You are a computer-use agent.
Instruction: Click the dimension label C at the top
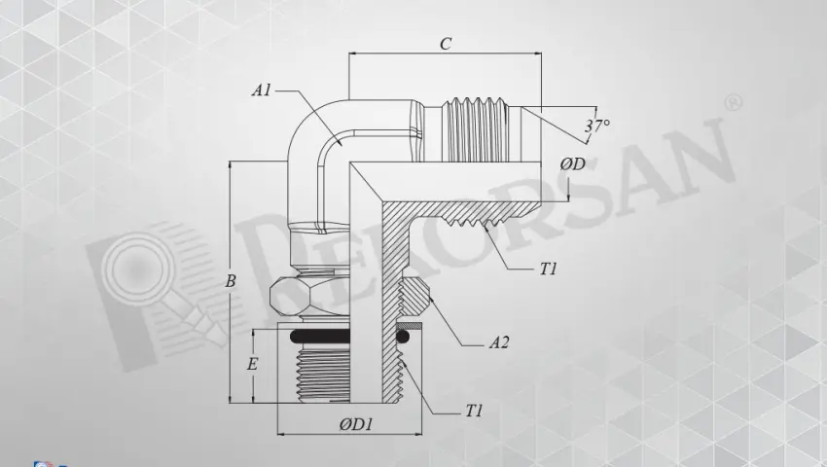coord(445,44)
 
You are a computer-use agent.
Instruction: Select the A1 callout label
coord(261,90)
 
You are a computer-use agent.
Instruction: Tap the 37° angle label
coord(596,126)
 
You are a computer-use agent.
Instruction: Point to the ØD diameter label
coord(571,164)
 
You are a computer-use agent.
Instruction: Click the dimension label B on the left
coord(231,281)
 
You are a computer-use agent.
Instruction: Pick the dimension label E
coord(253,365)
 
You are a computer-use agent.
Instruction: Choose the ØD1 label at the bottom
coord(350,425)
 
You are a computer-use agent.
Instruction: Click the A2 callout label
coord(499,342)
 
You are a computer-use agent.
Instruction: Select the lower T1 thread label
coord(474,412)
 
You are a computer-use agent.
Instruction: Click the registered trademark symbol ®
coord(735,102)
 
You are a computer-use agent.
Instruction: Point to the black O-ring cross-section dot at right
coord(401,337)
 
